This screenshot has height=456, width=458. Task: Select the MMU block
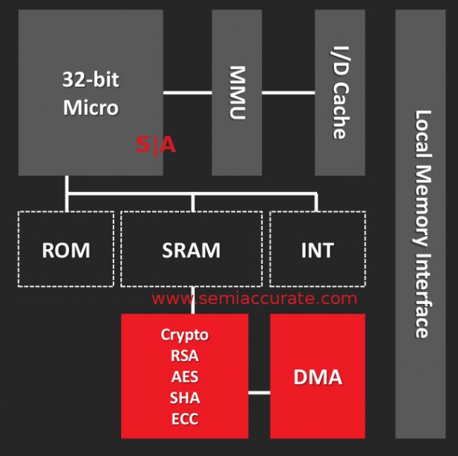tap(237, 92)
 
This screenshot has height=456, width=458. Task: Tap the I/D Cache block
tap(339, 92)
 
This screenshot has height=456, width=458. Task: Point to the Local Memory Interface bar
tap(420, 222)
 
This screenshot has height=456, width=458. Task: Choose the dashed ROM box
tap(66, 249)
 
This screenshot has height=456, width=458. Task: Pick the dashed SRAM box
tap(191, 249)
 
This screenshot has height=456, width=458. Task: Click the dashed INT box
tap(317, 249)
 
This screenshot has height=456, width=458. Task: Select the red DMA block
tap(318, 377)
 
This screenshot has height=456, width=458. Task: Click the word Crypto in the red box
tap(185, 334)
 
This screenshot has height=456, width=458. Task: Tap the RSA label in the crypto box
tap(185, 355)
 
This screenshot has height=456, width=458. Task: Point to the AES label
tap(185, 376)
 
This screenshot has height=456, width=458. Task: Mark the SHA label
tap(185, 397)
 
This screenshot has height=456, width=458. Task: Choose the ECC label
tap(185, 418)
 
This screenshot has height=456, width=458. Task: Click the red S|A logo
tap(156, 145)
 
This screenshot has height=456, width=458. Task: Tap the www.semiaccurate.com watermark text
tap(255, 299)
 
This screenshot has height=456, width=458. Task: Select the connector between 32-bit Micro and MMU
tap(187, 93)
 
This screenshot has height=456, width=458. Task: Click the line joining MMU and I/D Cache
tap(288, 93)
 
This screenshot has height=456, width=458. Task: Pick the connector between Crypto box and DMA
tap(258, 391)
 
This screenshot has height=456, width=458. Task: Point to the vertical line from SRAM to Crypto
tap(193, 300)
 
